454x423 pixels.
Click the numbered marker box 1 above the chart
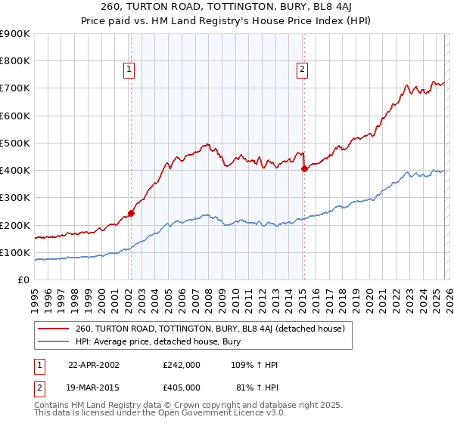coord(130,70)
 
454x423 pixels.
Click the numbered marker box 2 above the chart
coord(303,70)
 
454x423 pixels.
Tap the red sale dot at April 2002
coord(131,213)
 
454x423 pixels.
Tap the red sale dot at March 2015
coord(304,169)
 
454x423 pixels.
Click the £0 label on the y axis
coord(23,279)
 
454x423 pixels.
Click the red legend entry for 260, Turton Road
coord(210,329)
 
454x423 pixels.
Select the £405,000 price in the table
coord(181,387)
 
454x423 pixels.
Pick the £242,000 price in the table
coord(181,365)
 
